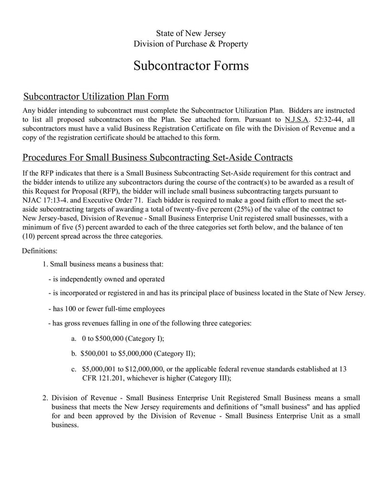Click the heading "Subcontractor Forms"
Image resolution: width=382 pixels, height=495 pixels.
click(191, 66)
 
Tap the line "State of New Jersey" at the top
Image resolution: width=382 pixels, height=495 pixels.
click(191, 33)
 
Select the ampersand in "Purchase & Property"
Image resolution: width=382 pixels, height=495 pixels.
click(204, 44)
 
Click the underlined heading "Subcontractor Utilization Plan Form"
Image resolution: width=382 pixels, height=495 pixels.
click(96, 97)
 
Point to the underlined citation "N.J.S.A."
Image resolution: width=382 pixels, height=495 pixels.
click(297, 120)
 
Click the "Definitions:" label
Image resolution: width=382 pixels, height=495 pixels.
click(40, 250)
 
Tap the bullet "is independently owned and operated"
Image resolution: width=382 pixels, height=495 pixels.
click(109, 279)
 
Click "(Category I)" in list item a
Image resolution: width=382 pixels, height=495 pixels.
click(145, 339)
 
